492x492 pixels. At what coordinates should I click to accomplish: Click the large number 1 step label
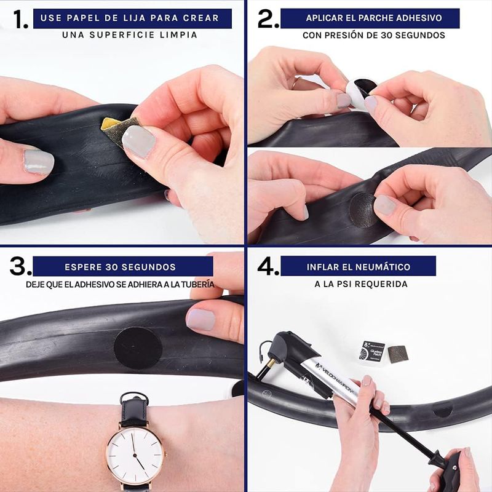click(20, 19)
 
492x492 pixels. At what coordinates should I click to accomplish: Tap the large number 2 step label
click(268, 18)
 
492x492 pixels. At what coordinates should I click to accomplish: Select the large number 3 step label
click(20, 266)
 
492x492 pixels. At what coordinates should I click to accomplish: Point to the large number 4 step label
click(268, 266)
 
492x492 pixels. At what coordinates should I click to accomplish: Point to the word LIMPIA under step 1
click(178, 35)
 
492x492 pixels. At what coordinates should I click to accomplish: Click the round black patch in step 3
click(138, 348)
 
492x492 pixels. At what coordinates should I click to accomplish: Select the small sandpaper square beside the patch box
click(398, 354)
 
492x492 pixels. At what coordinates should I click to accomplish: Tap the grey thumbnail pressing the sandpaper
click(139, 141)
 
